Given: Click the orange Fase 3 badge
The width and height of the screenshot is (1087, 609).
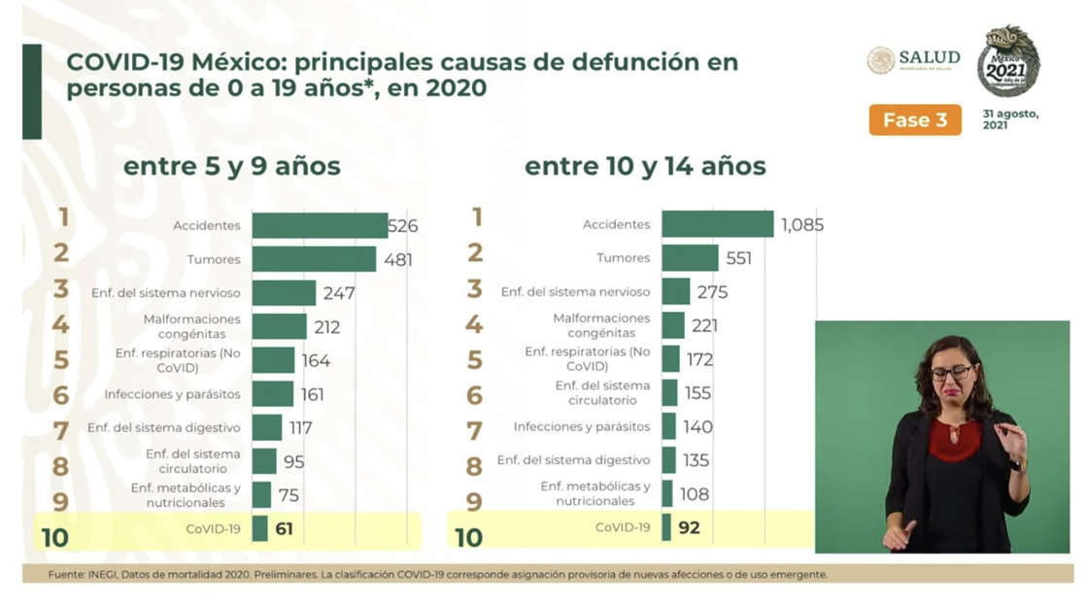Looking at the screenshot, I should (914, 120).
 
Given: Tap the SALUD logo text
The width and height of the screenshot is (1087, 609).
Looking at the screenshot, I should (929, 57).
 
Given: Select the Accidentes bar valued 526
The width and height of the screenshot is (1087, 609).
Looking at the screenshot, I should (320, 225).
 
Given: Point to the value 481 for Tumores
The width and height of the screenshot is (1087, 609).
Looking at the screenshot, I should (397, 259).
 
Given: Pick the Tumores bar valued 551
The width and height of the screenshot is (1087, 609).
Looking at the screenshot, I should (690, 258).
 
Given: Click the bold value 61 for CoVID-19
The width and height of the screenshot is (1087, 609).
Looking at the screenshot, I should (283, 529).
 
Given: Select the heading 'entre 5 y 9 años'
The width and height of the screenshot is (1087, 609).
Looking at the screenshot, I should (231, 167).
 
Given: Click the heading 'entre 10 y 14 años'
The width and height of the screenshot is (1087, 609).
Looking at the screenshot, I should (645, 167).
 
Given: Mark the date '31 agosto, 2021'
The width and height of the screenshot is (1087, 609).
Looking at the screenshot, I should (1010, 119).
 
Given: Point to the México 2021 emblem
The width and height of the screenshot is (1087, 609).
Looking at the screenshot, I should (1007, 61).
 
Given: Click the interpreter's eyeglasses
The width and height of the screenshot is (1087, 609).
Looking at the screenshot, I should (951, 372).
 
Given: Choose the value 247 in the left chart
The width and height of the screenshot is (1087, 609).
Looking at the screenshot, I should (339, 293).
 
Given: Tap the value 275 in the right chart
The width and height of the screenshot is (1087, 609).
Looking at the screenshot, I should (711, 292).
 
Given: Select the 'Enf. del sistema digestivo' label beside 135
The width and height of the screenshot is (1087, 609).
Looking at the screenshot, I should (573, 460).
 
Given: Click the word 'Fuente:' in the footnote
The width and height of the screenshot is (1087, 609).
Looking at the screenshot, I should (65, 574).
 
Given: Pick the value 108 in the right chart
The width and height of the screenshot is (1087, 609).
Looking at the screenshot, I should (694, 494).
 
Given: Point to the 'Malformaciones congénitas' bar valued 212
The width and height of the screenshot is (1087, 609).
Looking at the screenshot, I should (279, 326).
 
